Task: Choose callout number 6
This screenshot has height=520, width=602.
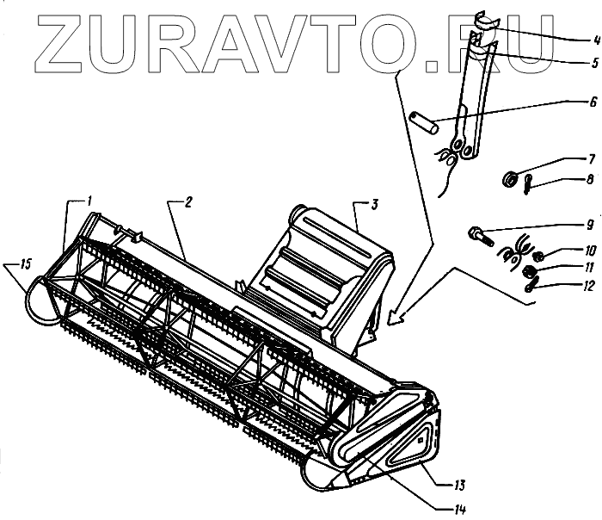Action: (x=592, y=101)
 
